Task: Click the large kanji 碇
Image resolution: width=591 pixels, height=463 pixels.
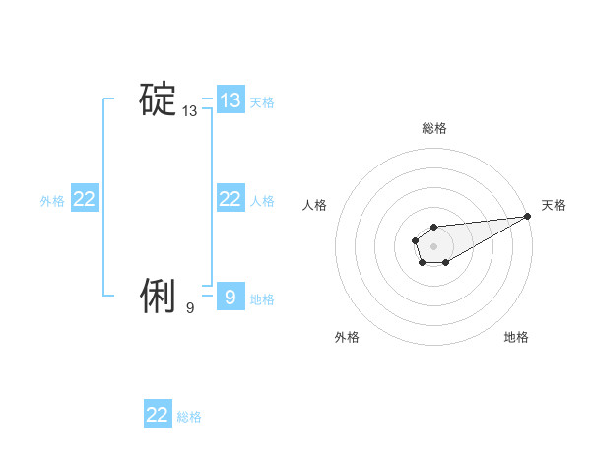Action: click(x=157, y=100)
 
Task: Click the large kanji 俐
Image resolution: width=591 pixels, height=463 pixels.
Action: click(x=157, y=296)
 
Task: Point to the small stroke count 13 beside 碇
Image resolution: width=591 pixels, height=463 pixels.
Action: click(x=190, y=112)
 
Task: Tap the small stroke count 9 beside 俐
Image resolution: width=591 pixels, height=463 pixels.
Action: click(x=190, y=308)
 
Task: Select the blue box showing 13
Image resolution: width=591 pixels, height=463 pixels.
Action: click(x=230, y=100)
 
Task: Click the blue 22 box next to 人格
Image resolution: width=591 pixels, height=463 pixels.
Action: click(x=230, y=199)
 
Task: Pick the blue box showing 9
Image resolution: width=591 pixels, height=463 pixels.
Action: click(x=230, y=298)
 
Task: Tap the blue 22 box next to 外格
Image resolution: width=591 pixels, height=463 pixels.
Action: click(x=84, y=199)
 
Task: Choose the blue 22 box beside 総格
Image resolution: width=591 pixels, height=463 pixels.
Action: click(x=158, y=415)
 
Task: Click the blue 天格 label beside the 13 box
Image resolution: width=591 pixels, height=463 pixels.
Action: click(x=262, y=101)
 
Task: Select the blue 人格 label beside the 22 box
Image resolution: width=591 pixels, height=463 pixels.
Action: click(x=262, y=200)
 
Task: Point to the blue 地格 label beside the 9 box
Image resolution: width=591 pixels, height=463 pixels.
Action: click(x=262, y=298)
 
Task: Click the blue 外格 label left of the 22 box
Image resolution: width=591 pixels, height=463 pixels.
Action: click(x=52, y=200)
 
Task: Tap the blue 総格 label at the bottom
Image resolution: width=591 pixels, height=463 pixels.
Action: click(x=189, y=417)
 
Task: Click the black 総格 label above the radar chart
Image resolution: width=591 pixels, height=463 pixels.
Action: click(x=433, y=128)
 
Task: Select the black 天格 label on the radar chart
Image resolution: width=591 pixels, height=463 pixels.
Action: click(x=554, y=205)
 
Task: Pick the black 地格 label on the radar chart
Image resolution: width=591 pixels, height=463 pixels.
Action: click(x=516, y=337)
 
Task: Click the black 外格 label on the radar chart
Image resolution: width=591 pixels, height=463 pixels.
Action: click(x=347, y=337)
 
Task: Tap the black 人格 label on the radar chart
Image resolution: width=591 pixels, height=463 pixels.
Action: click(x=315, y=205)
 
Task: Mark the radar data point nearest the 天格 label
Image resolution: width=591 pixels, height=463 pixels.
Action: click(x=528, y=216)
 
